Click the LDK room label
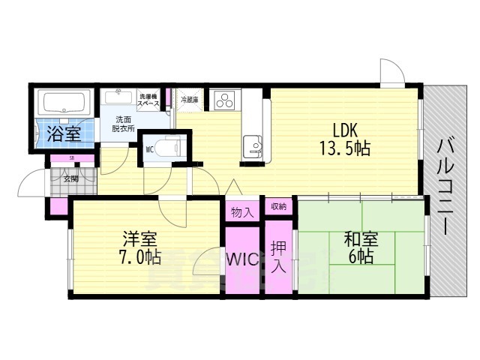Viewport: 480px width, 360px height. click(334, 128)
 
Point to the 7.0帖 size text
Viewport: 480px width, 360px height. click(141, 257)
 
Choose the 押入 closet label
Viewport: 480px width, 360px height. click(278, 256)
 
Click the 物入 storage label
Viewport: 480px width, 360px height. click(241, 211)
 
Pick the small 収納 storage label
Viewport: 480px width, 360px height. click(277, 206)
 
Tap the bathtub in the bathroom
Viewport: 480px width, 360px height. click(63, 103)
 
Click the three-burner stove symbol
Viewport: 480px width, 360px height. click(224, 100)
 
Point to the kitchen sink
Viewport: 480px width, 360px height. click(253, 143)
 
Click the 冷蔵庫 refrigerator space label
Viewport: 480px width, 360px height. click(189, 100)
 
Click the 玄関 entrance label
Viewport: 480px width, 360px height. click(70, 178)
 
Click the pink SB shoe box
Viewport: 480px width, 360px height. click(72, 158)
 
